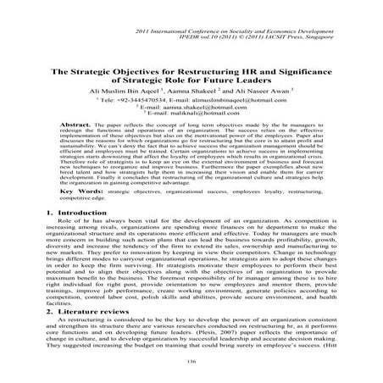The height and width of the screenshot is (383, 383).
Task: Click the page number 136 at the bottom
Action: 191,362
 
